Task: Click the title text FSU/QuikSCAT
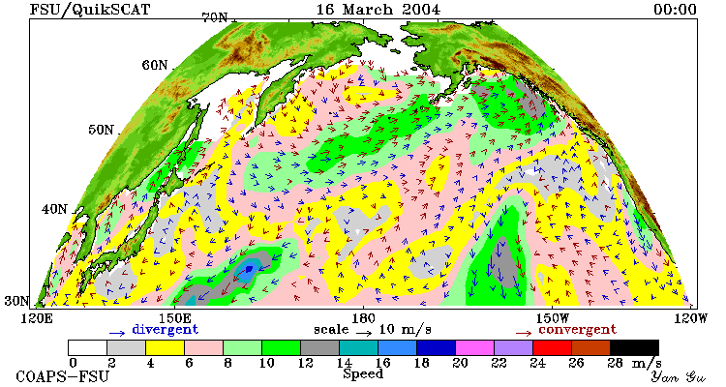click(x=90, y=10)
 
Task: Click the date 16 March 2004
click(x=378, y=10)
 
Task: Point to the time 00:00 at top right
click(x=675, y=10)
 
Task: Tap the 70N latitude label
click(x=215, y=17)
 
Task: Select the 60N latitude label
click(x=155, y=65)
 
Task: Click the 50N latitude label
click(x=101, y=130)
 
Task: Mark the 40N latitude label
click(x=54, y=209)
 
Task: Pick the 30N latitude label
click(x=17, y=301)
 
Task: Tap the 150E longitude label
click(x=175, y=318)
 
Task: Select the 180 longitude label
click(x=363, y=318)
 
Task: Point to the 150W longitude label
click(x=552, y=318)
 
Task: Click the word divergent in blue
click(x=166, y=330)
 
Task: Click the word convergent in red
click(x=577, y=330)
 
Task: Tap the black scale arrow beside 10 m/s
click(x=364, y=332)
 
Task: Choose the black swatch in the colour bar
click(x=634, y=347)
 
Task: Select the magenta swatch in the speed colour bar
click(x=474, y=347)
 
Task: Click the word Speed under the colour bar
click(x=363, y=374)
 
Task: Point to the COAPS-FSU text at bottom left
click(x=63, y=376)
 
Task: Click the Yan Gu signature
click(x=679, y=376)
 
